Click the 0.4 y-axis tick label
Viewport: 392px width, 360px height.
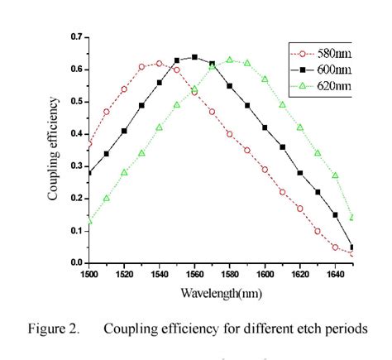tap(76, 134)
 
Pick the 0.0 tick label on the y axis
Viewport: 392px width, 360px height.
tap(76, 262)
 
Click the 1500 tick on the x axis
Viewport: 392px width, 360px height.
tap(88, 271)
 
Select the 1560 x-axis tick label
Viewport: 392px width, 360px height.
tap(194, 271)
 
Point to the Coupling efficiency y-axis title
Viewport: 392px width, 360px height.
tap(54, 149)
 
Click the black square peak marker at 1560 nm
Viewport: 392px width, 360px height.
tap(194, 57)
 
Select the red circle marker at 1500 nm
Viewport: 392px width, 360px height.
tap(89, 144)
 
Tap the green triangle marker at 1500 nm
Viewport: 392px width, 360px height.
tap(89, 220)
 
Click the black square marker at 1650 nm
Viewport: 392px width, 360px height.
tap(352, 247)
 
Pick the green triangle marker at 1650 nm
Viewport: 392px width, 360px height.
tap(352, 218)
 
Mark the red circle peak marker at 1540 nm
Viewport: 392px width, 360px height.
tap(159, 63)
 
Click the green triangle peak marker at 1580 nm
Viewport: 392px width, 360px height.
tap(230, 60)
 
